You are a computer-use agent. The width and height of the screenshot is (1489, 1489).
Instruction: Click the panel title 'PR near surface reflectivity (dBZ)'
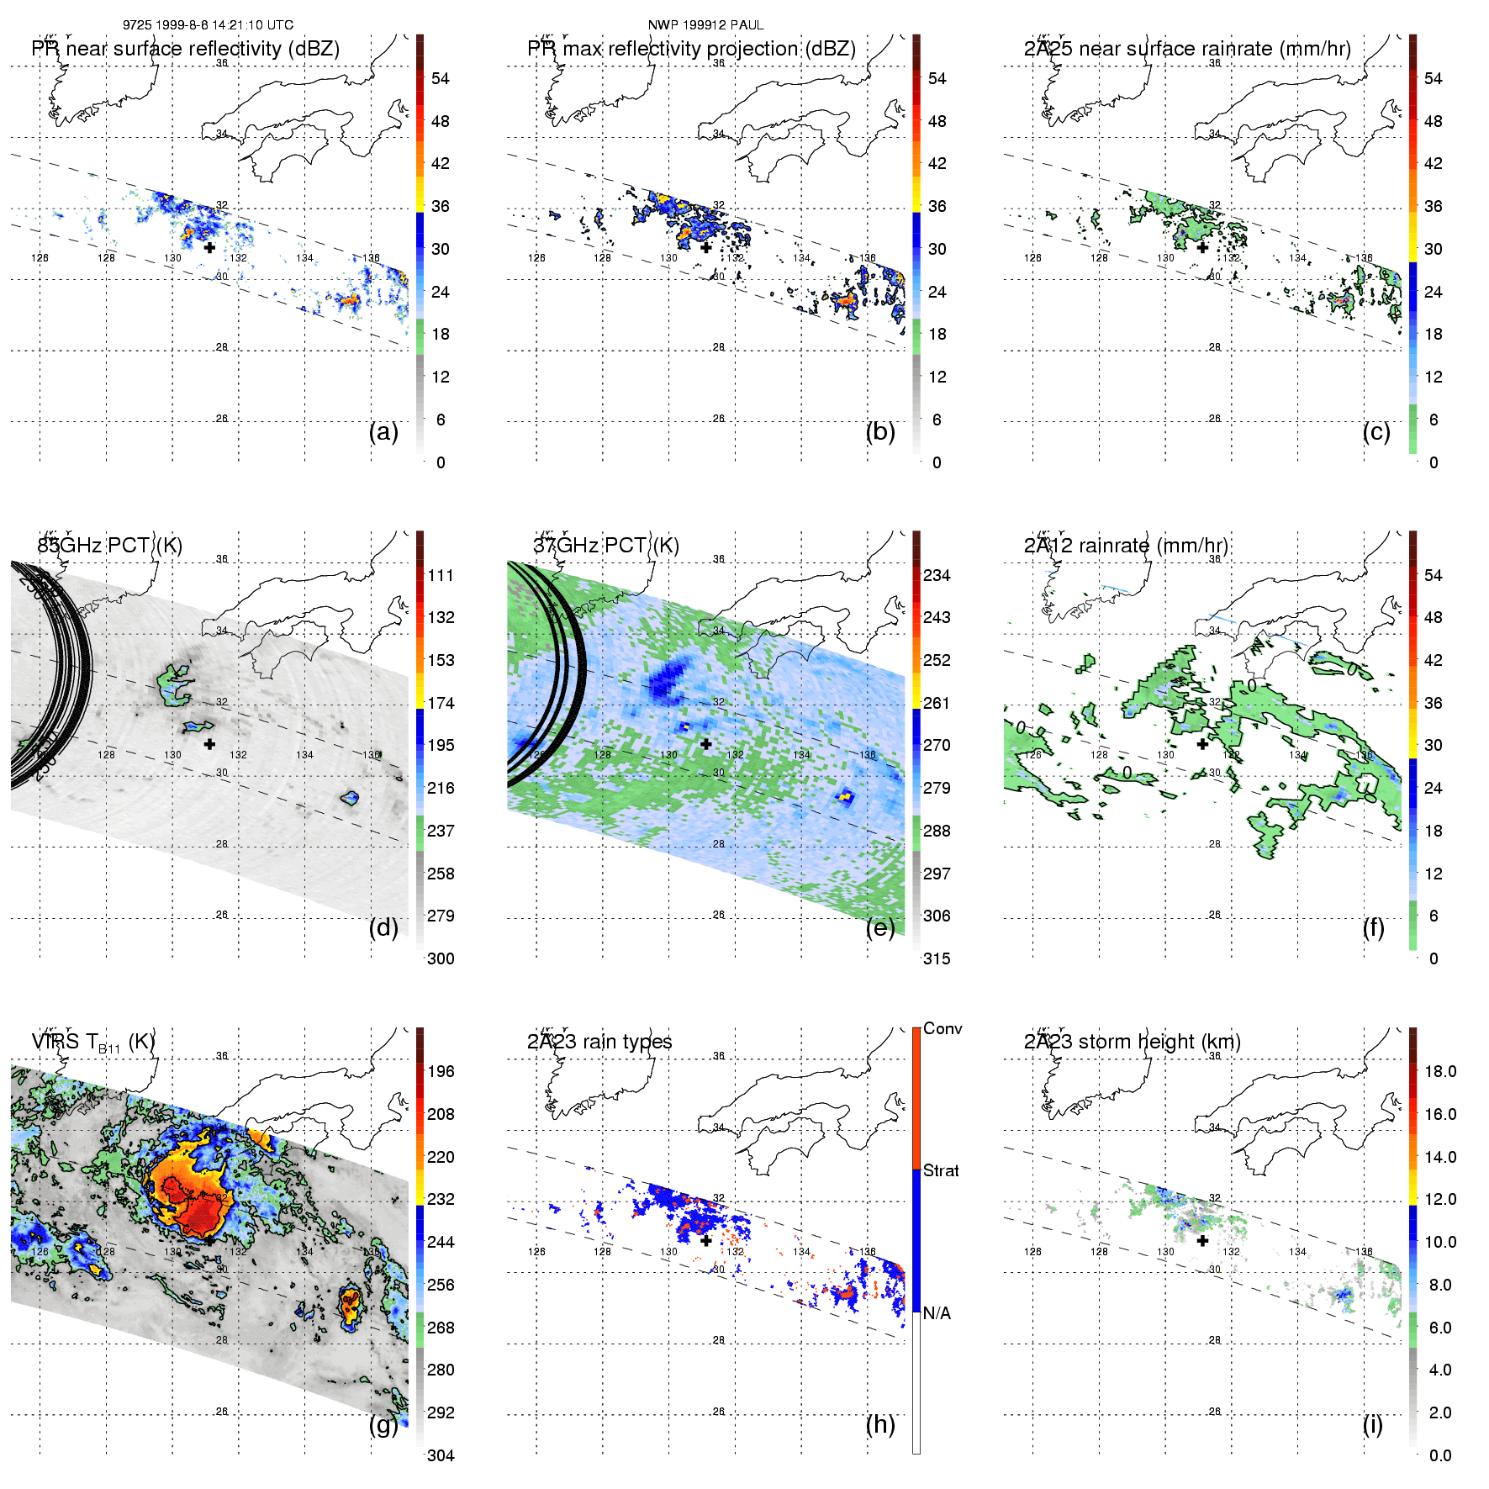(x=185, y=49)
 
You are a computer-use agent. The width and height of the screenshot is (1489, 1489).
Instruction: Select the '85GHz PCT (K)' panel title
(x=109, y=546)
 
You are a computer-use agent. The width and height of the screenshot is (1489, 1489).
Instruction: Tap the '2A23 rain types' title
(x=599, y=1042)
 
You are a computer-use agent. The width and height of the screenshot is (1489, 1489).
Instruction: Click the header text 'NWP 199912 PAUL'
(x=705, y=25)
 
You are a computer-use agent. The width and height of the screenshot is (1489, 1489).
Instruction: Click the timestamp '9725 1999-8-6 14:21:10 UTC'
(x=208, y=25)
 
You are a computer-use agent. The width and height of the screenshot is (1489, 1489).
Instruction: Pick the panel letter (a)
(x=383, y=432)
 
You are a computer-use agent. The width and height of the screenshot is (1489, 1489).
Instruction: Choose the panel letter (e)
(x=880, y=928)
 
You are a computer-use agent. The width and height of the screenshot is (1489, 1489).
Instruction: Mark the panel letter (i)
(x=1372, y=1424)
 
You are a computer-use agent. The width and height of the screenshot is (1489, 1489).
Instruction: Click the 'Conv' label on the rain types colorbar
(x=943, y=1028)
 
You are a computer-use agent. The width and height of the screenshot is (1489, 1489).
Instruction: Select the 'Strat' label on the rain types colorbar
(x=941, y=1170)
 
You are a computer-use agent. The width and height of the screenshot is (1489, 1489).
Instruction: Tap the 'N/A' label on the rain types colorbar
(x=937, y=1313)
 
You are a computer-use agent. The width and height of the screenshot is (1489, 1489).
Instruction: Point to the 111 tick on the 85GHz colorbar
(x=441, y=575)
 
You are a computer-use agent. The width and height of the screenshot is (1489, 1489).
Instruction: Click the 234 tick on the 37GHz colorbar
(x=937, y=575)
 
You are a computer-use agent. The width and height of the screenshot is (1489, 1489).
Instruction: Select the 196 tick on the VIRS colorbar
(x=441, y=1071)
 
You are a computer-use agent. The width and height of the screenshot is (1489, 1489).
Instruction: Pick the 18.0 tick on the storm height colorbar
(x=1440, y=1071)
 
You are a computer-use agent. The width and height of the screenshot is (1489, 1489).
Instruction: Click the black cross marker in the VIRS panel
(x=209, y=1240)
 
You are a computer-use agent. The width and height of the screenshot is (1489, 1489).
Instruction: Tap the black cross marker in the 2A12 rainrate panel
(x=1202, y=744)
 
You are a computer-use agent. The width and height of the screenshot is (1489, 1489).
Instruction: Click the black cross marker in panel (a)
(x=209, y=247)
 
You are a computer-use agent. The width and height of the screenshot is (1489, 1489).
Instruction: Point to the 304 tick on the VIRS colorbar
(x=441, y=1455)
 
